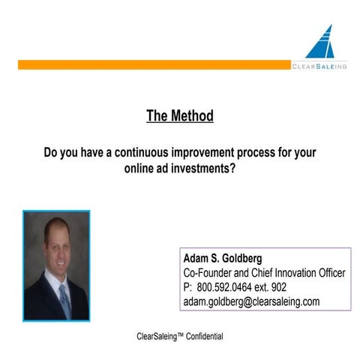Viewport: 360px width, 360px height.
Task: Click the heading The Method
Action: click(x=179, y=116)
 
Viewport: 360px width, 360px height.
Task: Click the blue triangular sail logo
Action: click(x=322, y=43)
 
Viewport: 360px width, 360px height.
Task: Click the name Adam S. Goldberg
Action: click(x=223, y=259)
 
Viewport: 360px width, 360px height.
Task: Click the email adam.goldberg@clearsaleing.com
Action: click(x=251, y=301)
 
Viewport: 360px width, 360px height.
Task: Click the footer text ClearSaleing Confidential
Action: click(x=179, y=336)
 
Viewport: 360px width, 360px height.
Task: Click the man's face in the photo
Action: click(x=57, y=241)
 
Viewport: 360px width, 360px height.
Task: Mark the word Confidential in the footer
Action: click(x=201, y=336)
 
